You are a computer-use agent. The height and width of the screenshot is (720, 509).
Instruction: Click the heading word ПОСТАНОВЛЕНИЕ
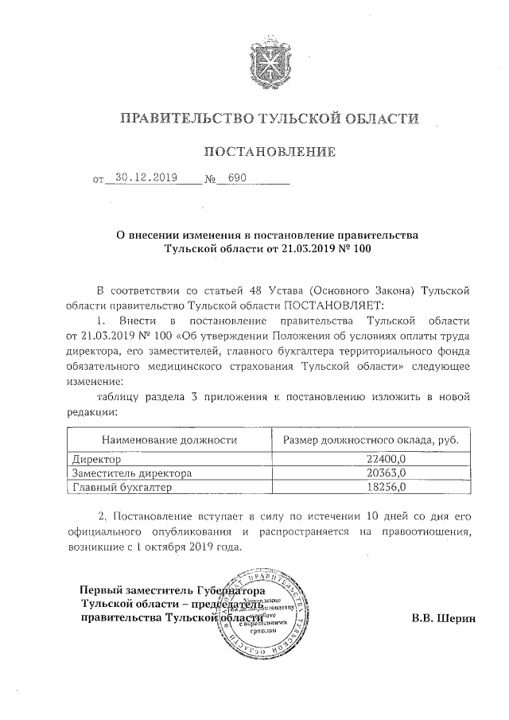(x=265, y=151)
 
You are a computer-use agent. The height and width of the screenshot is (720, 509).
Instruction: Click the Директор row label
(x=96, y=459)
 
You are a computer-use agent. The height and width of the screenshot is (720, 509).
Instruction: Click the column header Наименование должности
(x=170, y=439)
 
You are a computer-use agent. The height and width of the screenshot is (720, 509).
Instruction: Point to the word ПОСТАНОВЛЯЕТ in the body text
(x=334, y=304)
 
